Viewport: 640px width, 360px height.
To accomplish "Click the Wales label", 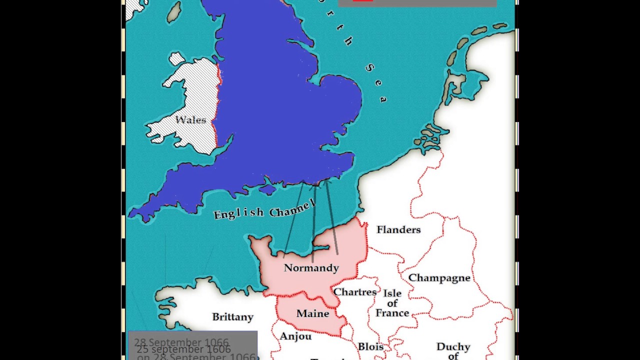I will (x=190, y=120).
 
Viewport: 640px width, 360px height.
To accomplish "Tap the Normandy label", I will (x=311, y=268).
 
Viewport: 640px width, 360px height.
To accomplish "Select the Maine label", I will (x=312, y=313).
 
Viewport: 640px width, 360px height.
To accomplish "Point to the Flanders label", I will (x=398, y=229).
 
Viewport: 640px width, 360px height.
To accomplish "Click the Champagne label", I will (x=439, y=278).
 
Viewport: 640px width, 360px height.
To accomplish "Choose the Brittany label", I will (x=232, y=317).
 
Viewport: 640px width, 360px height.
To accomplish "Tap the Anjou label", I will (x=295, y=336).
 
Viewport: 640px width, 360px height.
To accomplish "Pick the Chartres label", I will (x=354, y=292).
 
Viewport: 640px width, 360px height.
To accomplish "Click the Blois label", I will (x=370, y=346).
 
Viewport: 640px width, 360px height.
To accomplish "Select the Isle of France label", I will (x=392, y=303).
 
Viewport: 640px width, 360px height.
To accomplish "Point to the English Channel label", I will (x=264, y=209).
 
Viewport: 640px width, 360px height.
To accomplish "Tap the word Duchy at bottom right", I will (x=453, y=346).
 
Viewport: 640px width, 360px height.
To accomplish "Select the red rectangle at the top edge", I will (x=362, y=1).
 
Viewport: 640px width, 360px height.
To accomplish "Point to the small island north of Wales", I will (x=176, y=59).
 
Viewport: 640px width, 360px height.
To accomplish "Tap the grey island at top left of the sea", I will (x=174, y=12).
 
